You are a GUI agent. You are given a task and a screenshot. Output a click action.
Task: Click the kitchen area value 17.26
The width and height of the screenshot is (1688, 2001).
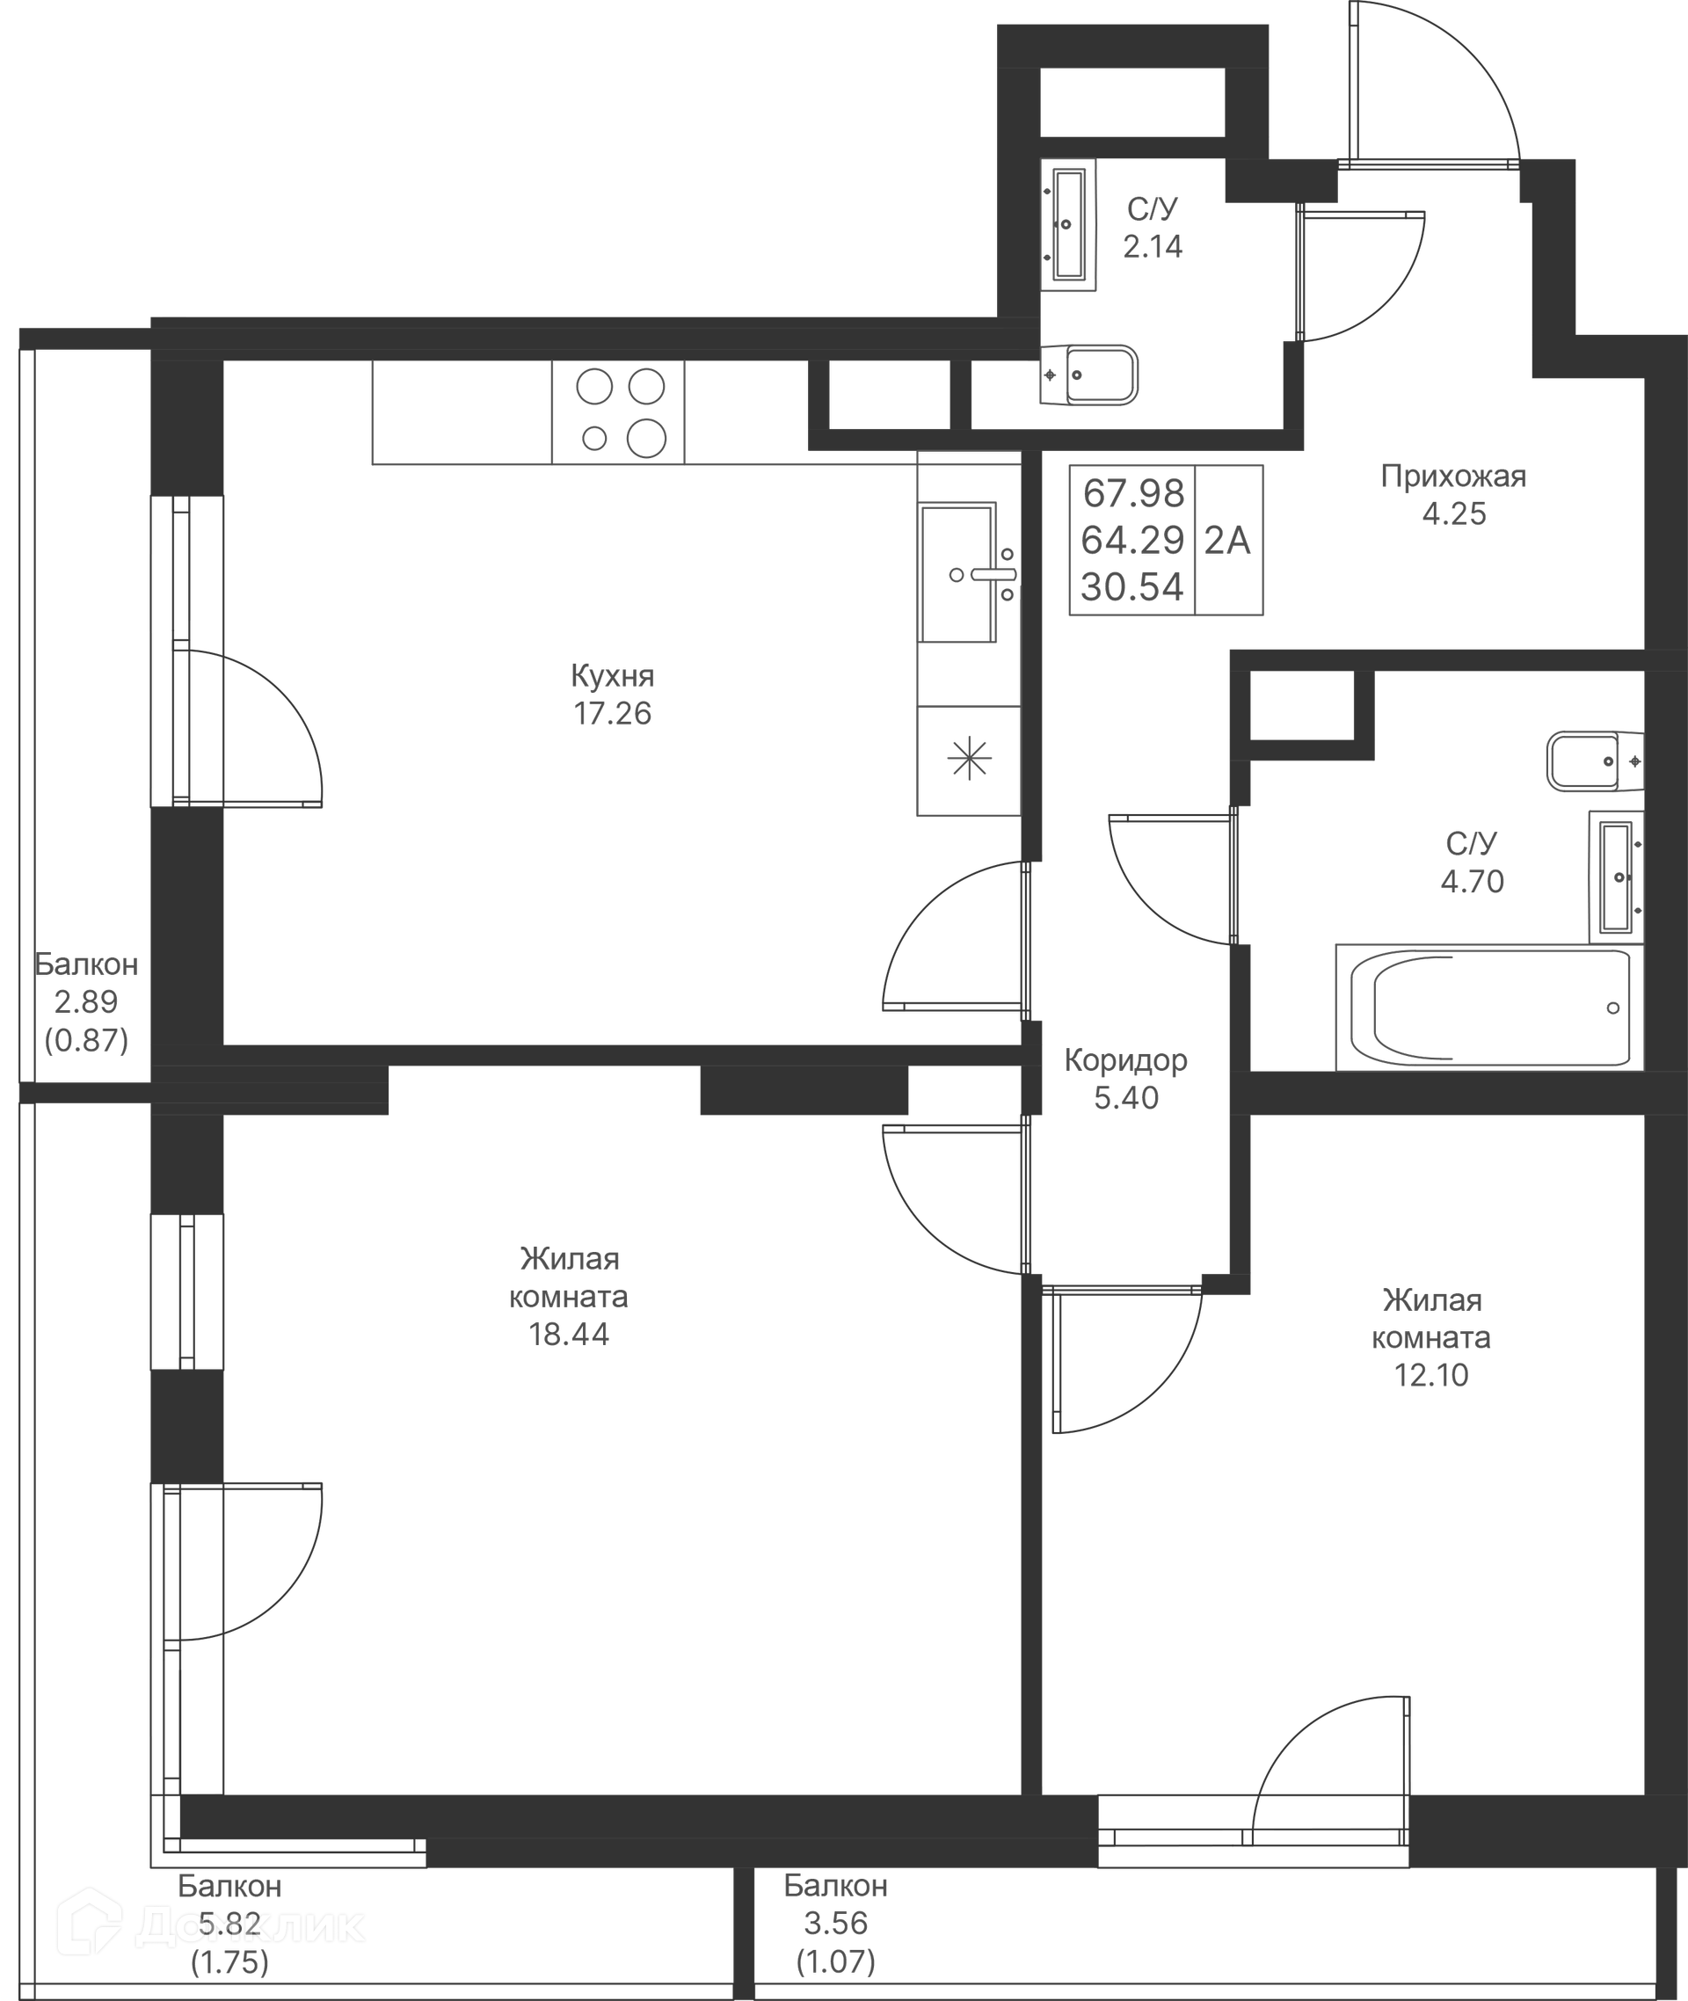[613, 714]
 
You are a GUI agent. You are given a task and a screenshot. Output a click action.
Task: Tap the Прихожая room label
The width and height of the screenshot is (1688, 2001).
[1452, 476]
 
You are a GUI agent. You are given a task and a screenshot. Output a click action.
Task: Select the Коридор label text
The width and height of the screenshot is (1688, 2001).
[1125, 1060]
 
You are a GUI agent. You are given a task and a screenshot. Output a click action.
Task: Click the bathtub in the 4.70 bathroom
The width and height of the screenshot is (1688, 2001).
[1489, 1008]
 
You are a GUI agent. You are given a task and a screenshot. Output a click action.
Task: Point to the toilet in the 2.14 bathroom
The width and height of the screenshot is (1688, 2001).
[1089, 375]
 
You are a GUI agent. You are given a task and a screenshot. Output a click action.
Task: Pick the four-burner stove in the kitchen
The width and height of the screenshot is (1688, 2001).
[618, 412]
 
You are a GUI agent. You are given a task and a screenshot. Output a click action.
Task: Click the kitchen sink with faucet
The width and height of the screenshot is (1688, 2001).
[966, 572]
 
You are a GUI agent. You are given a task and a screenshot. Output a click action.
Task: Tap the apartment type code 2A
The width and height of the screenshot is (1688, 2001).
[1226, 541]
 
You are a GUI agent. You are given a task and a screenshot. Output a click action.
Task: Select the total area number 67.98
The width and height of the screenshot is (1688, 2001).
[1134, 494]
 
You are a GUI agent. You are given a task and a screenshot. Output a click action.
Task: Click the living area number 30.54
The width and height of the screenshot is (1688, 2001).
[1133, 586]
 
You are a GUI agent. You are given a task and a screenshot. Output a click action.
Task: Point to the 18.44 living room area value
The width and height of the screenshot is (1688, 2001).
[569, 1334]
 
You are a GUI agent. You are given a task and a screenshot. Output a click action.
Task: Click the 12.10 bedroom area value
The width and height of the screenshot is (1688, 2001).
[1430, 1375]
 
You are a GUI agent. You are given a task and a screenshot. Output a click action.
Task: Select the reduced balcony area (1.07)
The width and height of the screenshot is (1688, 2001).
[835, 1961]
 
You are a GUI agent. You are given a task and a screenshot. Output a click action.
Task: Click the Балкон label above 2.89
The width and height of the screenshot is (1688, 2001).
[86, 964]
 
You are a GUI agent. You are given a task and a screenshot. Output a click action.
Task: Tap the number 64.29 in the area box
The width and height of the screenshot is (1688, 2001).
[1133, 541]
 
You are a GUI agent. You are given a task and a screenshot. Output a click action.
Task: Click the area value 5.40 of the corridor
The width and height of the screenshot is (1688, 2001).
[1125, 1097]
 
